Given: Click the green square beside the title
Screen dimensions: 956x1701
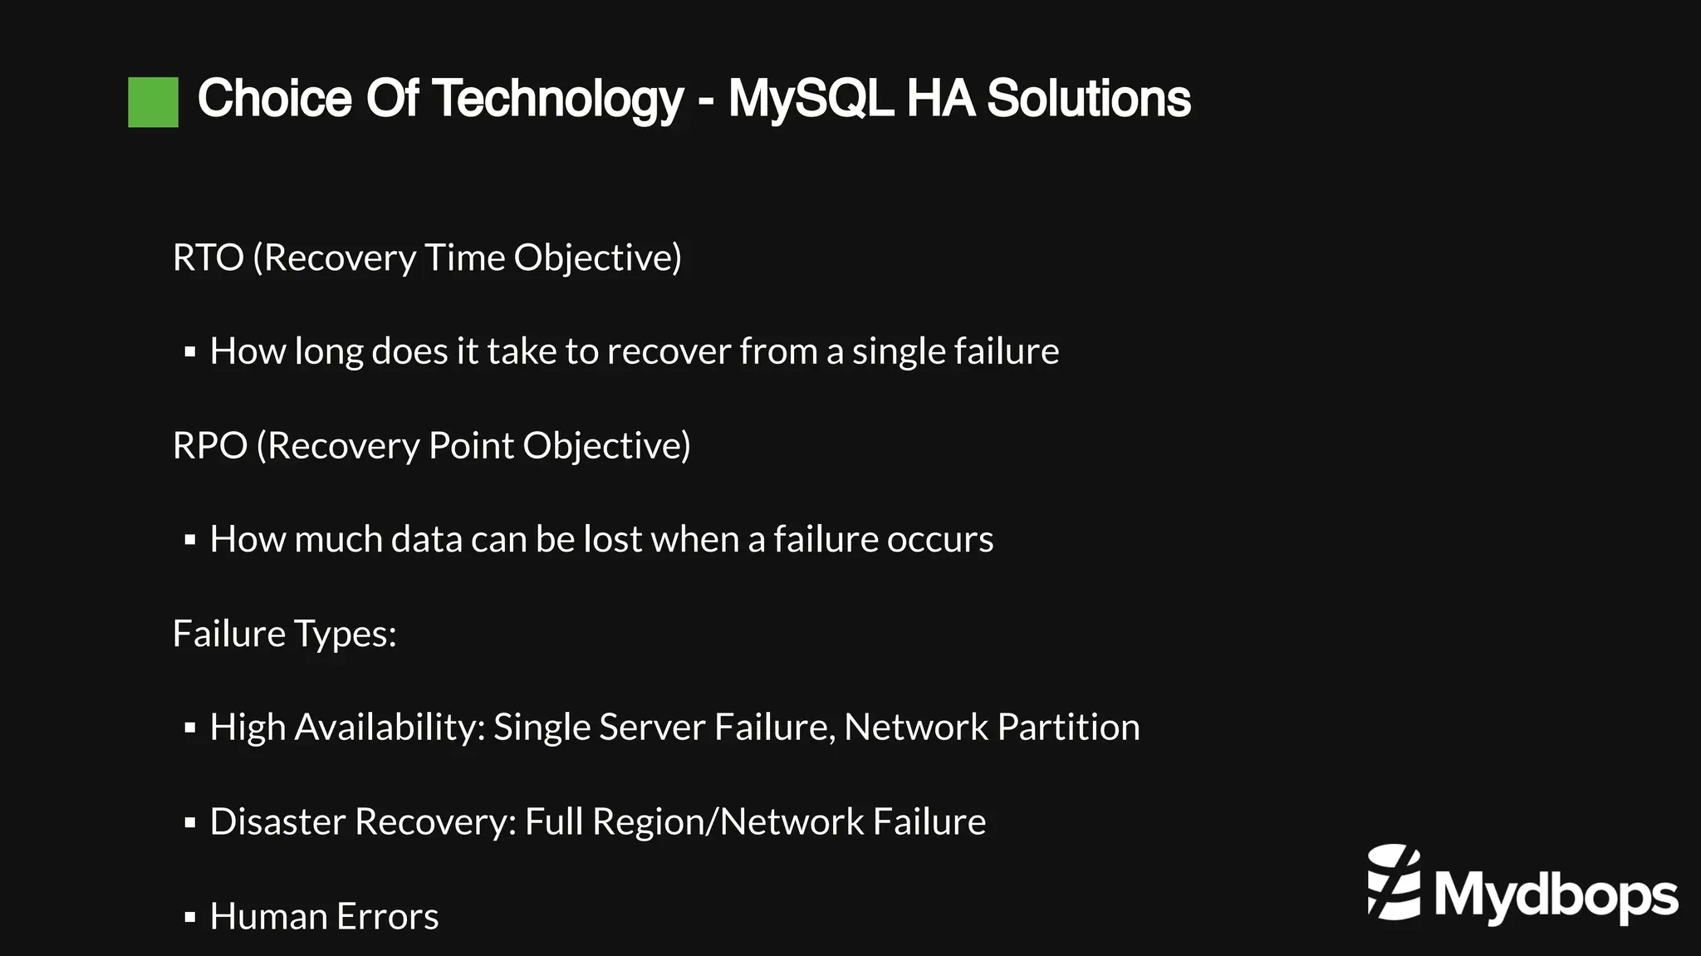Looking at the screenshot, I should click(153, 102).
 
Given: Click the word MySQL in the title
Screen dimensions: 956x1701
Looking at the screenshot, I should click(810, 99).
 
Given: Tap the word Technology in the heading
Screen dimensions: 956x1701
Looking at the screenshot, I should click(557, 99).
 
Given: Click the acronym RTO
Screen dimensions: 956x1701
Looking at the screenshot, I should click(208, 257).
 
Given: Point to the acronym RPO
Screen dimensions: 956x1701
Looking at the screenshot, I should click(209, 446).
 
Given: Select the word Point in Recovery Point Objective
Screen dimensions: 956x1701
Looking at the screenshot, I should click(471, 446).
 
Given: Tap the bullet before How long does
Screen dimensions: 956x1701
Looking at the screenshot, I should click(190, 352).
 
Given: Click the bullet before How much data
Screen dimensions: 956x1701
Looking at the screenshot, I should click(190, 541).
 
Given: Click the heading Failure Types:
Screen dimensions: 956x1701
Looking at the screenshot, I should click(284, 634).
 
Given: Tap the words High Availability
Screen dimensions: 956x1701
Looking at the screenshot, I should click(346, 728).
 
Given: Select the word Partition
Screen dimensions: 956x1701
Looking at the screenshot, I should click(1068, 728).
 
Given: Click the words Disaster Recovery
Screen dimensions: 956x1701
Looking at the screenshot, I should click(363, 822).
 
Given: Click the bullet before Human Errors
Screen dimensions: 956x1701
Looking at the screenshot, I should click(190, 917).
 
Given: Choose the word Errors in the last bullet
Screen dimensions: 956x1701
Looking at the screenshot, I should click(387, 917).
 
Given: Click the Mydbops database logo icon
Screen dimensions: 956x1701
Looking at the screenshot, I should click(1394, 883).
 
